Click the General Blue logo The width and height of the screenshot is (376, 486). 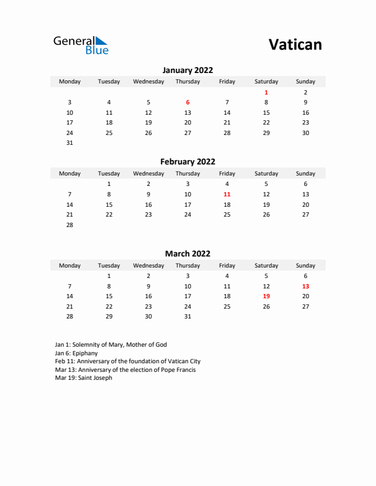click(x=80, y=45)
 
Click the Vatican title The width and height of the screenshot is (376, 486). click(x=295, y=44)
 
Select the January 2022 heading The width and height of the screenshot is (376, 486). click(x=187, y=71)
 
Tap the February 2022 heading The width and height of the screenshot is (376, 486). click(x=187, y=162)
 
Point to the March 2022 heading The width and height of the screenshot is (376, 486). click(x=187, y=253)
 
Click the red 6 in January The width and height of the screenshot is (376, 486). click(x=187, y=102)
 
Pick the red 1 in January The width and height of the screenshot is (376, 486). click(x=266, y=92)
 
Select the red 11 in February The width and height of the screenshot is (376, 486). click(x=227, y=194)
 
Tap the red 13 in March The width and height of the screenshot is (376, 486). click(x=305, y=286)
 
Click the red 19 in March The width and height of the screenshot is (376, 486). click(x=266, y=296)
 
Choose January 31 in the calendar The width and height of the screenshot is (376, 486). click(x=69, y=143)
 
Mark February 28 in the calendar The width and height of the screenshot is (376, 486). click(x=69, y=225)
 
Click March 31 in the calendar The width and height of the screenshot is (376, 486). click(x=187, y=317)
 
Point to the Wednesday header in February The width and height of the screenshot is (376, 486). click(x=148, y=174)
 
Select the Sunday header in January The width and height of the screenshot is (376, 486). click(x=305, y=82)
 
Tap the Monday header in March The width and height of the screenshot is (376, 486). click(x=69, y=266)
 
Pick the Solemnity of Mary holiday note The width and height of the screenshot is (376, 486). click(x=111, y=345)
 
